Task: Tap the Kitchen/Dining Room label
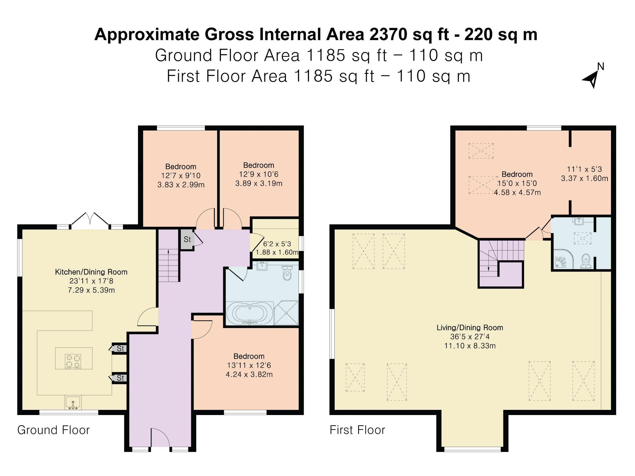[91, 272]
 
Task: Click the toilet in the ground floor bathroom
[287, 273]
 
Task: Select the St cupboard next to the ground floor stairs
[187, 239]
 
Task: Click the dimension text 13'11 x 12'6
[249, 365]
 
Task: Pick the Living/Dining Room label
[470, 327]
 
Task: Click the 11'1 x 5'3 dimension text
[584, 169]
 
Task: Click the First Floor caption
[357, 430]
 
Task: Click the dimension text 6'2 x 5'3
[277, 244]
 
